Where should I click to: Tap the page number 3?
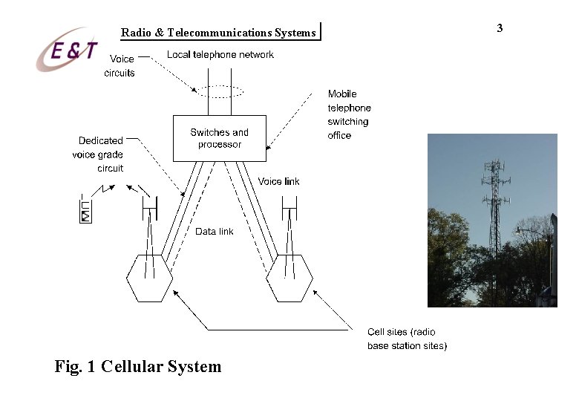click(500, 28)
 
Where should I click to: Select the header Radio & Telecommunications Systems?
click(219, 32)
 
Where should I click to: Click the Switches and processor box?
click(219, 138)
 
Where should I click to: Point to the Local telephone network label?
click(220, 54)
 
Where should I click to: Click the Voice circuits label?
click(121, 65)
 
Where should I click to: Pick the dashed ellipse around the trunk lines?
click(219, 91)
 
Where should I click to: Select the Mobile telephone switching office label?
click(348, 114)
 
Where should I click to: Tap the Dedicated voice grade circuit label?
click(101, 154)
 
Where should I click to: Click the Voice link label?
click(279, 181)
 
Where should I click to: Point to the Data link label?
click(214, 232)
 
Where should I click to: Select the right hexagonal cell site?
click(289, 277)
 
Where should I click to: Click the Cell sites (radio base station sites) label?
click(407, 339)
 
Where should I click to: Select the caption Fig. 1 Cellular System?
click(138, 366)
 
